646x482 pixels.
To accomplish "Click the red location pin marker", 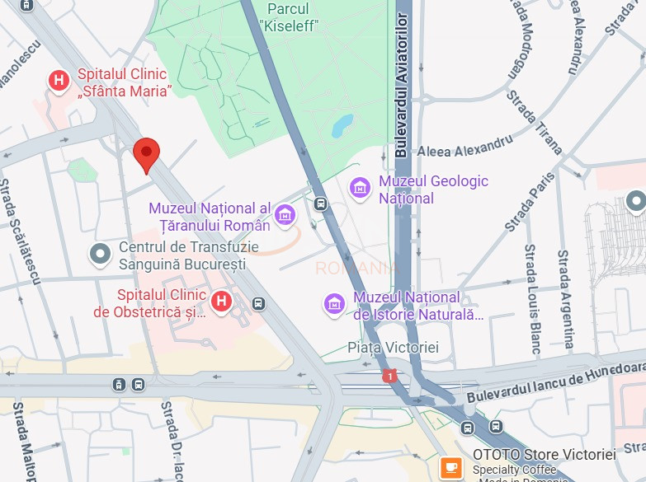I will [x=146, y=153].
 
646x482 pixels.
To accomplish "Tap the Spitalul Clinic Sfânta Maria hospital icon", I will [x=59, y=81].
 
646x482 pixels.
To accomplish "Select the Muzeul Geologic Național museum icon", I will [x=360, y=189].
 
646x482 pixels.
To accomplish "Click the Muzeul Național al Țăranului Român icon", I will [x=285, y=216].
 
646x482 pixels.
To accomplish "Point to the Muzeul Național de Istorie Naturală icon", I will [x=334, y=304].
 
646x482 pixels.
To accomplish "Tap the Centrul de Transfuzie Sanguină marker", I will [x=101, y=255].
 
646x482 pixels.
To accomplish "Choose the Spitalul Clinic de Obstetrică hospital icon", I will [x=220, y=302].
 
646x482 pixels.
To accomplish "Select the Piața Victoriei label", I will [x=393, y=348].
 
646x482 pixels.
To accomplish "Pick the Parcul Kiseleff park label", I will [x=288, y=16].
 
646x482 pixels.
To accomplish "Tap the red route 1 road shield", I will [x=389, y=376].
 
